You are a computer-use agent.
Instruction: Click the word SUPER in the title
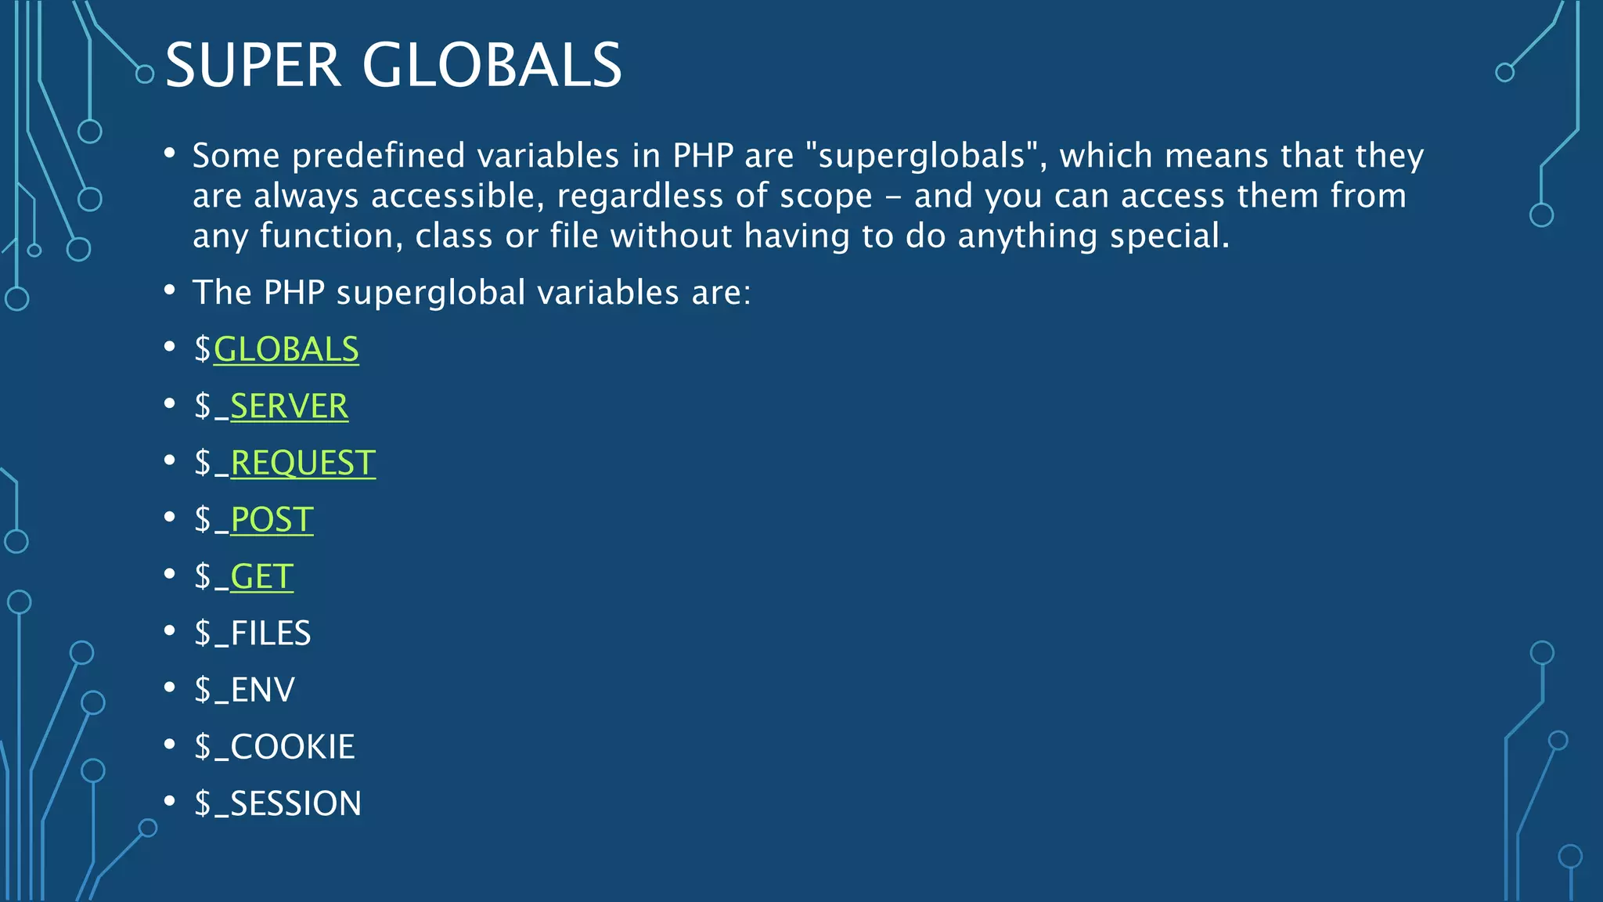point(253,65)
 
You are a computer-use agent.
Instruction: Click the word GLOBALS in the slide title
point(492,65)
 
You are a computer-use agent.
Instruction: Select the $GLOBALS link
point(286,349)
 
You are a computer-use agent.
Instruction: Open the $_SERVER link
point(289,406)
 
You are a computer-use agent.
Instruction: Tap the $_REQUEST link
point(303,463)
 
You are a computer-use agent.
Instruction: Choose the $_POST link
point(272,520)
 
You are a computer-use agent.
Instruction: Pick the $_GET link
point(261,577)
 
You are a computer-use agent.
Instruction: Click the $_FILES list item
point(253,633)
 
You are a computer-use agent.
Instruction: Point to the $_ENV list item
point(244,690)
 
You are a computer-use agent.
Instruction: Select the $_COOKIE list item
point(275,747)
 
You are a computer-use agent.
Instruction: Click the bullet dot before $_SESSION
point(170,800)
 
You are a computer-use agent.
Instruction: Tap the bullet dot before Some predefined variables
point(170,153)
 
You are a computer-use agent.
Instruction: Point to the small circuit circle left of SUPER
point(145,74)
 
